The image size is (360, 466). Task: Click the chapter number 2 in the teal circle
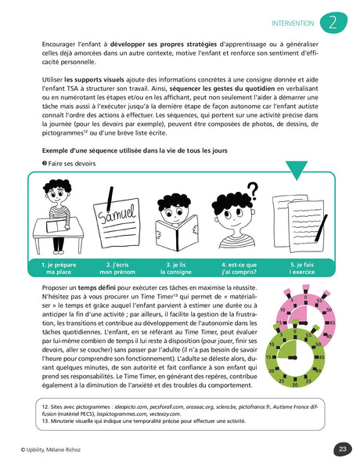(335, 22)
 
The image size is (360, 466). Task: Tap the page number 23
(343, 449)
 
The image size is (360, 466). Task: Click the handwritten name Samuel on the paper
(115, 214)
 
